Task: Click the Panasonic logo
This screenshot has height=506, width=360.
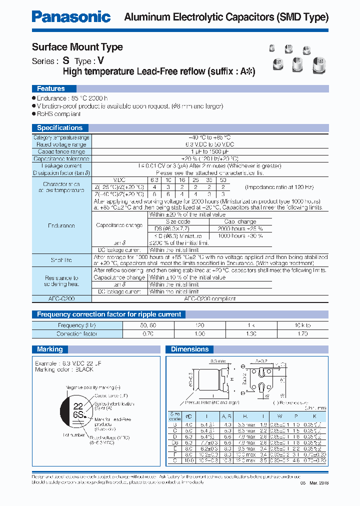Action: pyautogui.click(x=71, y=17)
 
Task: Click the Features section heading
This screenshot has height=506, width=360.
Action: pyautogui.click(x=50, y=88)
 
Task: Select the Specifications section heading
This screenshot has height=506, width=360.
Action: pyautogui.click(x=59, y=127)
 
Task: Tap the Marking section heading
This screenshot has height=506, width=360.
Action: pyautogui.click(x=50, y=349)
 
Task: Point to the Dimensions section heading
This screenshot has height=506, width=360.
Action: pyautogui.click(x=189, y=349)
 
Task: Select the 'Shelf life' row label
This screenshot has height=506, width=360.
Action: pyautogui.click(x=61, y=260)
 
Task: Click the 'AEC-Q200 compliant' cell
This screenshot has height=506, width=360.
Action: pyautogui.click(x=210, y=298)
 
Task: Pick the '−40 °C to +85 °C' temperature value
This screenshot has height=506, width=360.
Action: pyautogui.click(x=210, y=137)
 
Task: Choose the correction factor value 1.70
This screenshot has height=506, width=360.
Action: pyautogui.click(x=303, y=333)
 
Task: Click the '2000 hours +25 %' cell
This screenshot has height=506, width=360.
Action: pyautogui.click(x=240, y=228)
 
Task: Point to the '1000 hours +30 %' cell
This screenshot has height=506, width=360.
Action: pyautogui.click(x=240, y=235)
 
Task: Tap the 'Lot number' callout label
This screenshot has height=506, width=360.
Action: pyautogui.click(x=73, y=434)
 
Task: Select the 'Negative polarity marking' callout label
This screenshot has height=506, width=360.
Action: pyautogui.click(x=93, y=387)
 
